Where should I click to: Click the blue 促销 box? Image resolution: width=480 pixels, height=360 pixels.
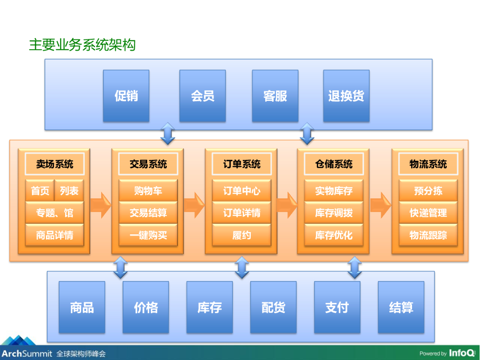pyautogui.click(x=126, y=96)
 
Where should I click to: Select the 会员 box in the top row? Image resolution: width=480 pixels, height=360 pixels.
pyautogui.click(x=202, y=96)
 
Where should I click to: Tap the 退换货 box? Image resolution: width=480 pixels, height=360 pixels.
pyautogui.click(x=346, y=96)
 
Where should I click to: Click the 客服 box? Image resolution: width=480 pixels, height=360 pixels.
pyautogui.click(x=275, y=96)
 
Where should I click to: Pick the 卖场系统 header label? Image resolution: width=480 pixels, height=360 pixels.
pyautogui.click(x=54, y=164)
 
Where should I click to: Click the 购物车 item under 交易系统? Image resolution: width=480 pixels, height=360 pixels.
pyautogui.click(x=148, y=191)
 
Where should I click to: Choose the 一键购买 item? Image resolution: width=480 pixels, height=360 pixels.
pyautogui.click(x=148, y=235)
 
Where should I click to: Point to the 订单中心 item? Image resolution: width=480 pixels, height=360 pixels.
pyautogui.click(x=241, y=191)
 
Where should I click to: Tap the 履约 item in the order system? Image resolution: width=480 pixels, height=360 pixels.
pyautogui.click(x=241, y=235)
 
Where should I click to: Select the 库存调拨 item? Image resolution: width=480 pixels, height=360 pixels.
pyautogui.click(x=334, y=213)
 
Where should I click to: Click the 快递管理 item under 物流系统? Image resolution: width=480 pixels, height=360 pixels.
pyautogui.click(x=428, y=213)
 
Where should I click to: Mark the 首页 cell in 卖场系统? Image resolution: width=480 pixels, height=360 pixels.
pyautogui.click(x=40, y=191)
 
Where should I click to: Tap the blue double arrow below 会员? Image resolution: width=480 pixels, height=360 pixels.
pyautogui.click(x=167, y=134)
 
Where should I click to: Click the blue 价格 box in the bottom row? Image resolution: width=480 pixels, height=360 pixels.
pyautogui.click(x=146, y=307)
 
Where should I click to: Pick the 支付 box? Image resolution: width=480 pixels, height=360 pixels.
pyautogui.click(x=337, y=307)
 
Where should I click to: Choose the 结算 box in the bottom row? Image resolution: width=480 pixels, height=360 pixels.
pyautogui.click(x=401, y=307)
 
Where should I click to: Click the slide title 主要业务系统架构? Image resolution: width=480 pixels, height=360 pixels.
pyautogui.click(x=82, y=45)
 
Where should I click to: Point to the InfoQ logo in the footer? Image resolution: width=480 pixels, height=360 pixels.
pyautogui.click(x=462, y=353)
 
